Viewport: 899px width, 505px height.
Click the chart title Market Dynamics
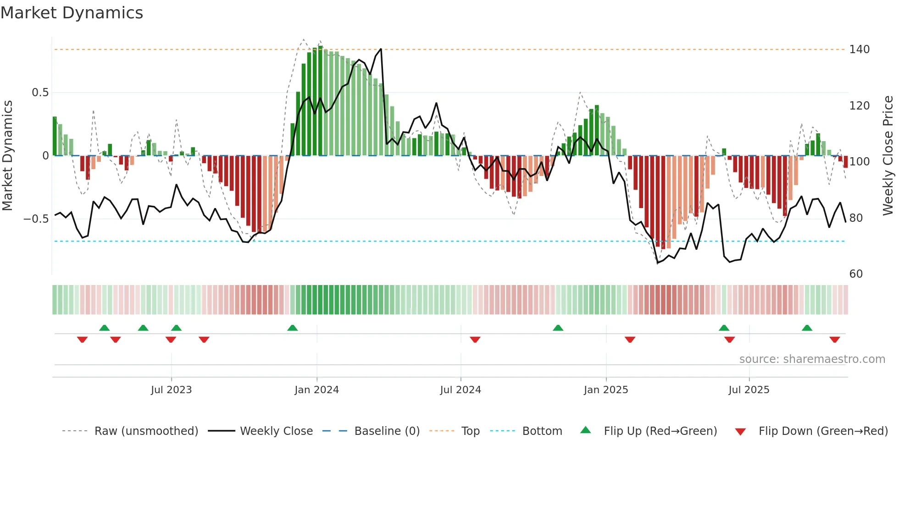72,13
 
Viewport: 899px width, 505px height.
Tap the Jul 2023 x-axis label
171,390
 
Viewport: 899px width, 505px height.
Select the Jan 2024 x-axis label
316,390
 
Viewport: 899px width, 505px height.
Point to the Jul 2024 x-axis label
461,390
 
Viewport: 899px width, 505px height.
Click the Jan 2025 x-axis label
606,390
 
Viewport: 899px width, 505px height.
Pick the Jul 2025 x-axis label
749,390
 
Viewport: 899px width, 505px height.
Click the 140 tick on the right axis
859,49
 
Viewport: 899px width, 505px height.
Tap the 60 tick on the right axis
856,274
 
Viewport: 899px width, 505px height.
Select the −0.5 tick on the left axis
36,219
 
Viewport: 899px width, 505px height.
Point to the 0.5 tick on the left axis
40,93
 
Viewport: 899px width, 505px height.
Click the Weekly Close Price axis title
888,156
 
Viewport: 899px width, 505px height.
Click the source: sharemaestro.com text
812,359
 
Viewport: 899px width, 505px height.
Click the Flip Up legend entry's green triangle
586,430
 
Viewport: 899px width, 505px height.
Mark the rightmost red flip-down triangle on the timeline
834,340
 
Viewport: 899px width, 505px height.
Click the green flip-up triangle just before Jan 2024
292,328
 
